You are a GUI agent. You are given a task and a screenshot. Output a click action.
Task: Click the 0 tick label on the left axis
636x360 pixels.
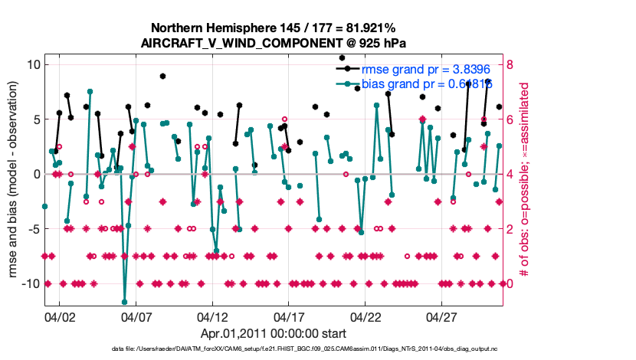tap(34, 174)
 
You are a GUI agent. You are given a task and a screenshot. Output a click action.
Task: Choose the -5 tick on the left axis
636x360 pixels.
tap(31, 229)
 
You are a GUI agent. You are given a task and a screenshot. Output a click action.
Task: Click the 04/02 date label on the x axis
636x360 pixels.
tap(60, 316)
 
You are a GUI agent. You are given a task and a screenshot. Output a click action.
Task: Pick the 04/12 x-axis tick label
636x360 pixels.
tap(212, 316)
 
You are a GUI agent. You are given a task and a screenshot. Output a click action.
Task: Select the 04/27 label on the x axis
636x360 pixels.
tap(441, 316)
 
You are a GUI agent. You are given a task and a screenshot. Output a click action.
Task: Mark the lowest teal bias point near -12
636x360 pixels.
tap(124, 302)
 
